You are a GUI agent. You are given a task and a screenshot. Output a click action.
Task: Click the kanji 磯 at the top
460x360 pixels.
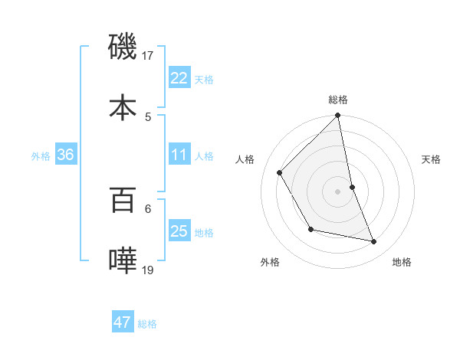(x=123, y=47)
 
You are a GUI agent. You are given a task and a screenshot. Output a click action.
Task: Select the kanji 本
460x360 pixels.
(x=123, y=106)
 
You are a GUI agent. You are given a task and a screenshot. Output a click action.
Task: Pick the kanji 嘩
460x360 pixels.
(x=123, y=260)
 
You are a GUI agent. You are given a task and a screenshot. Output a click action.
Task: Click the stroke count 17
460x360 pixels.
(x=148, y=55)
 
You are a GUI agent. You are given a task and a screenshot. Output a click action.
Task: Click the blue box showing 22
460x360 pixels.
(x=179, y=78)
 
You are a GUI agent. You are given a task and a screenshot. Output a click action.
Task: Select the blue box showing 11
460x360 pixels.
(x=179, y=155)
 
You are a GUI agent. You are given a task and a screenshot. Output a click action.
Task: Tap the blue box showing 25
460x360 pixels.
(x=179, y=231)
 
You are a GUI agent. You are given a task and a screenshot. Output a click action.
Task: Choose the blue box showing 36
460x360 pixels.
(x=65, y=155)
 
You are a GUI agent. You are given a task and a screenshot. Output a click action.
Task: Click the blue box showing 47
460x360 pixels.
(x=123, y=322)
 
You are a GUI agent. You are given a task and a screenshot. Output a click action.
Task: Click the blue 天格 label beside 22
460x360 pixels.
(x=204, y=79)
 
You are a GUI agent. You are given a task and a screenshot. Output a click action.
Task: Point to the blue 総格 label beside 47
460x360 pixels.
(x=147, y=324)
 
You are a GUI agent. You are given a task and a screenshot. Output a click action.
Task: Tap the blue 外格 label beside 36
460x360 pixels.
(x=41, y=156)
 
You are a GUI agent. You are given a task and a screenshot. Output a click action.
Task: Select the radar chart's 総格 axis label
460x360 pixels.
(x=338, y=100)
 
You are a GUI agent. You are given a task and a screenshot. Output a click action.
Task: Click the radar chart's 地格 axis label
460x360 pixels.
(x=402, y=262)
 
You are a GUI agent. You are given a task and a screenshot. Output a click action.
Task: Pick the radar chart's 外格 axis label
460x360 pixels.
(x=270, y=262)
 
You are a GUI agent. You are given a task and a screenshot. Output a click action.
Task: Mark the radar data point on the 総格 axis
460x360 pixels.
(x=338, y=116)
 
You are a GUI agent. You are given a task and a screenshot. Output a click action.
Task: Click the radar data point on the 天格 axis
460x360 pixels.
(x=352, y=187)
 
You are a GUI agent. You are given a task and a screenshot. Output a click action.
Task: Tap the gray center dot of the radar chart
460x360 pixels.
(x=338, y=191)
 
